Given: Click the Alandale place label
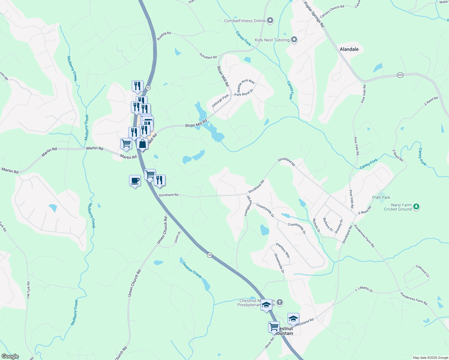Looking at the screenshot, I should [349, 49].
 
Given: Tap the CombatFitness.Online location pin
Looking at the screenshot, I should [270, 20].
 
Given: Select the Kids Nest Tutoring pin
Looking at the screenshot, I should [294, 40].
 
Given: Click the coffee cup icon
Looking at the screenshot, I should [135, 181].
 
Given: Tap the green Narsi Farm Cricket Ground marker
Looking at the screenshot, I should [416, 206].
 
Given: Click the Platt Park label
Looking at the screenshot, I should [381, 197].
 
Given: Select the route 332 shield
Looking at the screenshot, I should [400, 75].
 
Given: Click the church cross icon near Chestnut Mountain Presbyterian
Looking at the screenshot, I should [280, 302].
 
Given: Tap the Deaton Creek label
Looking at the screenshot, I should [192, 270].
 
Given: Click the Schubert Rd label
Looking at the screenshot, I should [208, 56].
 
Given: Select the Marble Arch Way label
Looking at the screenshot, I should [246, 85].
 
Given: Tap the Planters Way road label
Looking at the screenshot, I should [283, 250].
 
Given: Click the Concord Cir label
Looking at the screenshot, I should [423, 271].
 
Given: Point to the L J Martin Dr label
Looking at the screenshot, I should [364, 289].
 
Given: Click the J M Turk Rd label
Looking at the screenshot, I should [28, 290].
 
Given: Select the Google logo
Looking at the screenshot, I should [10, 356].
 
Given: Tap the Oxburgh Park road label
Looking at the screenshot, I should [220, 100].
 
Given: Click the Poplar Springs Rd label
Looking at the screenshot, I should [314, 14].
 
